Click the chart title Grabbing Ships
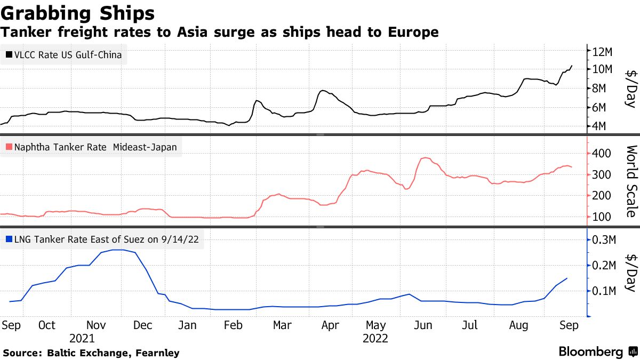(78, 13)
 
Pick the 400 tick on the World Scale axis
(603, 154)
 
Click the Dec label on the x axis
(142, 325)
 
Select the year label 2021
(82, 338)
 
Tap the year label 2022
(375, 338)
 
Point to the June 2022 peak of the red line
(425, 158)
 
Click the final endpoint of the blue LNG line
(566, 278)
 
